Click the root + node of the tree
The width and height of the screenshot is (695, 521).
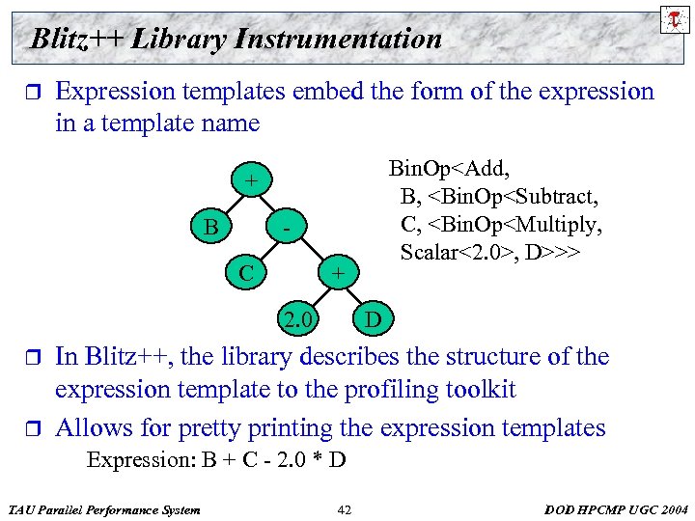pos(251,180)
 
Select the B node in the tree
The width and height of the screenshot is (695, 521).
pos(209,228)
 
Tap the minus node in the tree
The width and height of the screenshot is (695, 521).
pos(287,229)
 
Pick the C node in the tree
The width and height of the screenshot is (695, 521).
pos(247,273)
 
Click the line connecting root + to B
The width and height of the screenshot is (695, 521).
pos(230,205)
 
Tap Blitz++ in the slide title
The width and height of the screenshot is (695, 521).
pos(77,40)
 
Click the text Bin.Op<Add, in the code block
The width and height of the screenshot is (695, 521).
pos(447,169)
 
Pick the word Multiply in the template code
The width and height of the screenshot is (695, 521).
pos(562,225)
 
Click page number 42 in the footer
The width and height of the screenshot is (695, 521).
pos(346,508)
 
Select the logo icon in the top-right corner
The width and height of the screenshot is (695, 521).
pos(672,19)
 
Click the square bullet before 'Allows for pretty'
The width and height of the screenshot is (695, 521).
pos(33,428)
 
